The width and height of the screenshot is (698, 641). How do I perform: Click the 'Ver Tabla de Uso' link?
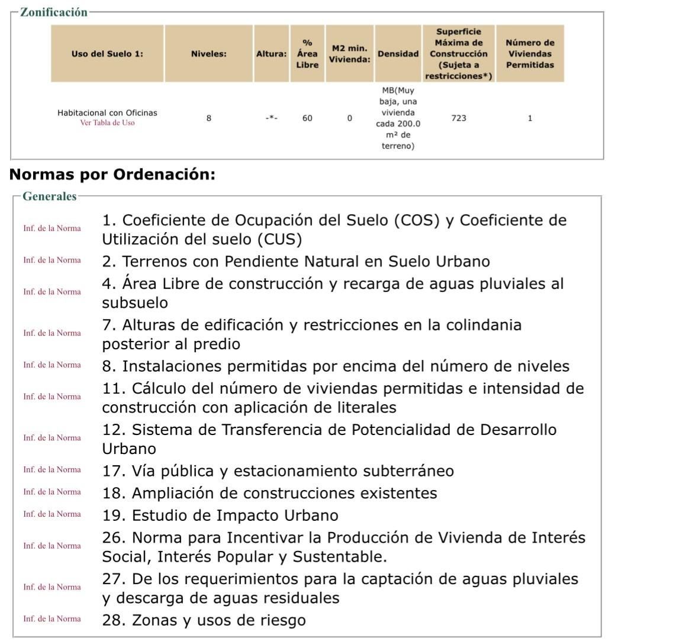(107, 123)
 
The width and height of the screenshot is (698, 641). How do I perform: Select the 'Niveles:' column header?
(208, 54)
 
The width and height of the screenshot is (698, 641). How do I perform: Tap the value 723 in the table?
(458, 118)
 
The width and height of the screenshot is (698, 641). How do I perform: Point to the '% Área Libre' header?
(307, 54)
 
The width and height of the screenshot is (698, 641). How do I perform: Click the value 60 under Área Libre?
(307, 118)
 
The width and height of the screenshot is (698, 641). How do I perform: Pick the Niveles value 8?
(208, 118)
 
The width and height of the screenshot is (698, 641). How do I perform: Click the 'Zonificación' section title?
(53, 12)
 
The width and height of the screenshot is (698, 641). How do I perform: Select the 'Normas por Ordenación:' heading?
(112, 175)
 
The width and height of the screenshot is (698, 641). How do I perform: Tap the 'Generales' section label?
(49, 197)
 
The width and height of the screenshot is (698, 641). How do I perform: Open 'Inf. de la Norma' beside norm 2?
(52, 260)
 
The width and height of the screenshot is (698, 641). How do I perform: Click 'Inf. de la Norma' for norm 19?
(52, 514)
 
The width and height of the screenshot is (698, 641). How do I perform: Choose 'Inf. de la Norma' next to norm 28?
(52, 619)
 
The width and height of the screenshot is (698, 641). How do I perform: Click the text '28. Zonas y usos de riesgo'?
(204, 620)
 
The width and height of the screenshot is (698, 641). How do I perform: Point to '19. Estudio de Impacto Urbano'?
(220, 516)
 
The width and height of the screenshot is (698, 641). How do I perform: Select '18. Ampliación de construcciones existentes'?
(269, 494)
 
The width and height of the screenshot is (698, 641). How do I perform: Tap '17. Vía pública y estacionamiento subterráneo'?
(278, 471)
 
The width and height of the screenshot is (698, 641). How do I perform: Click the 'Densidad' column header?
(398, 54)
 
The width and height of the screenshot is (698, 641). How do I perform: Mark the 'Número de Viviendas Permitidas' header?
(529, 54)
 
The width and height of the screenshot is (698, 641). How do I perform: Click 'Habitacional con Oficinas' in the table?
(107, 112)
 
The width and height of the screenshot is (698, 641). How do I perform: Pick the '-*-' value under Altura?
(271, 118)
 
